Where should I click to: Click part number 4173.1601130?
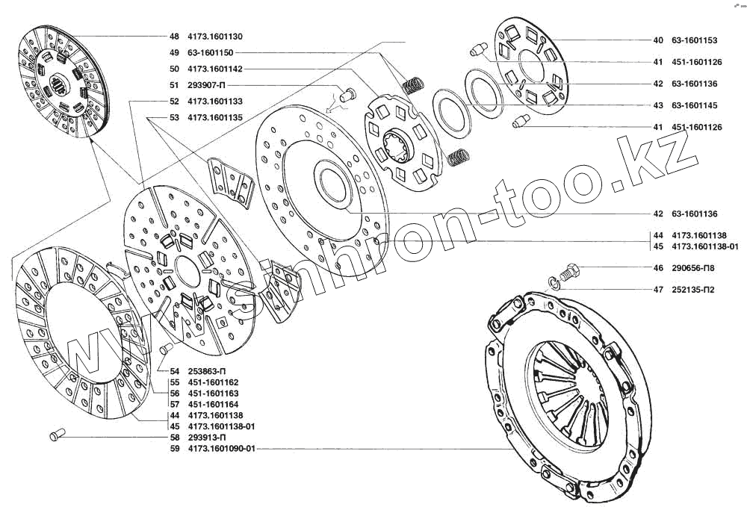tap(215, 37)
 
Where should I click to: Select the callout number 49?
tap(174, 53)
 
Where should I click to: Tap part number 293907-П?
tap(206, 86)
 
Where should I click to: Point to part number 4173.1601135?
tap(215, 117)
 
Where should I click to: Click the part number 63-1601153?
tap(695, 40)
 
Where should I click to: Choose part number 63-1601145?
tap(695, 105)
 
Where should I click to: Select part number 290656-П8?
tap(693, 268)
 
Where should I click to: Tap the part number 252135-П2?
tap(693, 290)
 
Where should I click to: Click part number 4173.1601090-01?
tap(222, 449)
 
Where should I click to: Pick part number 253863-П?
tap(207, 371)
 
